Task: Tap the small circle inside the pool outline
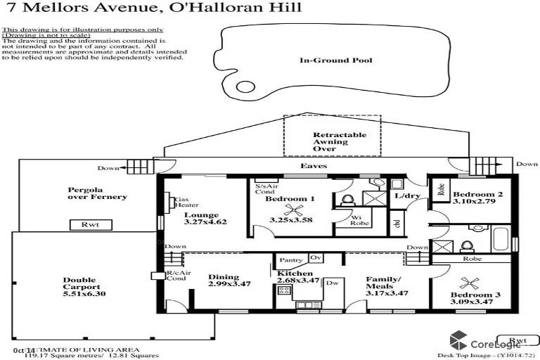pos(245,88)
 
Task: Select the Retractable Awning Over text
pos(330,141)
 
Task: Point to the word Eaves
pos(314,166)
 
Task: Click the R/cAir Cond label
pos(175,276)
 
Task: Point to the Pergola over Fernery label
pos(97,193)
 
